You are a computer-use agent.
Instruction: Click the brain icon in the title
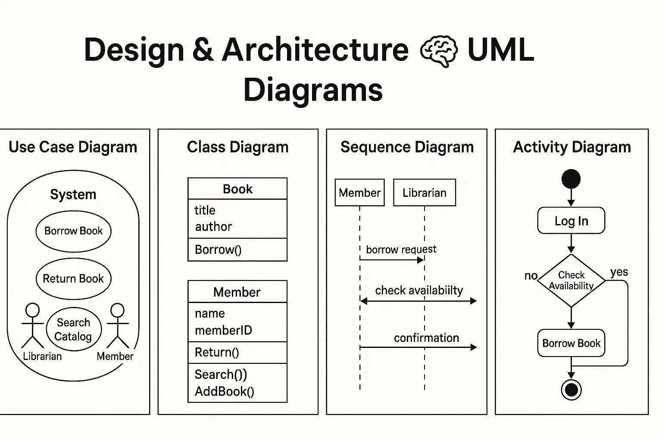[438, 51]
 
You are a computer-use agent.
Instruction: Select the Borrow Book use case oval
[73, 231]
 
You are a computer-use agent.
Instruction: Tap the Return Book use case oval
[73, 278]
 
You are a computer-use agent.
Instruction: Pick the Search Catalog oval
[73, 329]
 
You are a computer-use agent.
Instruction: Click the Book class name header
[237, 189]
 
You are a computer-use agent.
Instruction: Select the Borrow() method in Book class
[218, 249]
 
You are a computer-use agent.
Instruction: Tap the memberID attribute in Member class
[223, 330]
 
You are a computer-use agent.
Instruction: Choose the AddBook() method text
[225, 391]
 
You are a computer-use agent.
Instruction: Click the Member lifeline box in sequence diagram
[359, 193]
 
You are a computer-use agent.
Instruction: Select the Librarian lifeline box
[424, 193]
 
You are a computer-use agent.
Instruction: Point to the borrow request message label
[401, 249]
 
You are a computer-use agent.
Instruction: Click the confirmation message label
[426, 338]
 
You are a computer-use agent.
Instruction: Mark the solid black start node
[571, 179]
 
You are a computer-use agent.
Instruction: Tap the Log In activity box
[571, 221]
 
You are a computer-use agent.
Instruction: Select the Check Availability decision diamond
[571, 281]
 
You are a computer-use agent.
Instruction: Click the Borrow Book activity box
[571, 343]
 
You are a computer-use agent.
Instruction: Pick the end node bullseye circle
[571, 390]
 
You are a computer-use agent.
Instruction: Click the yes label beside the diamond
[619, 272]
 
